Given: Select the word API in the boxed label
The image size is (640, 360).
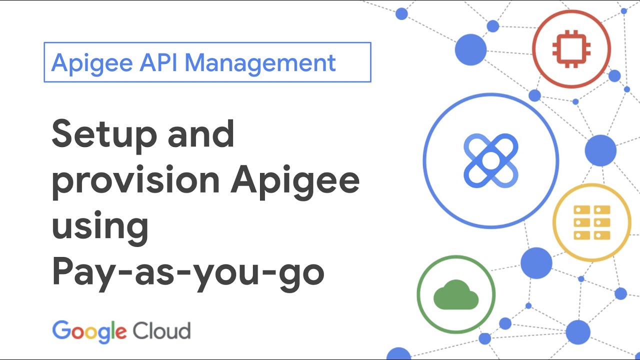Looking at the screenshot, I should pos(158,62).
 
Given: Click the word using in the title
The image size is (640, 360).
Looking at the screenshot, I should pos(100,226).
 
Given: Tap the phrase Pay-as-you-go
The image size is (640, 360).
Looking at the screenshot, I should pos(188,272).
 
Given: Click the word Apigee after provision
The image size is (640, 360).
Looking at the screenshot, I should pos(295,181).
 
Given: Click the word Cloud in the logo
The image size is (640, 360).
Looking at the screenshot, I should pos(161,331).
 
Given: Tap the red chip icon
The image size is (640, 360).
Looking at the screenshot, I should pos(571,48).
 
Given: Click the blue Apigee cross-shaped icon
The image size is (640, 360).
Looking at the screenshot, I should pos(490,160).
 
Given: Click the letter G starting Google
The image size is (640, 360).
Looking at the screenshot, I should pos(60,330).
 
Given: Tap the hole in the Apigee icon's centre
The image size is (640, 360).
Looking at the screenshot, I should pos(490,160).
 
